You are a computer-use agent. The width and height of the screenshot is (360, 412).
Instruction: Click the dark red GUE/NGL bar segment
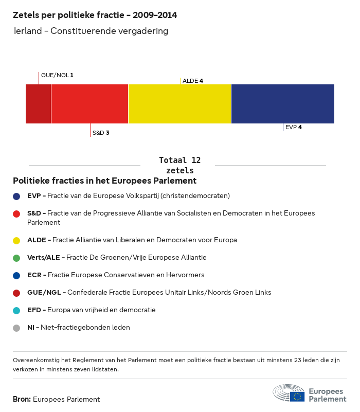(38, 104)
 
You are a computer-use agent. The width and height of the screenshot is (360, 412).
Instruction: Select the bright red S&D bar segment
(89, 104)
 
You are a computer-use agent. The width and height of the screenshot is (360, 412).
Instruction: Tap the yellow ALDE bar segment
(179, 104)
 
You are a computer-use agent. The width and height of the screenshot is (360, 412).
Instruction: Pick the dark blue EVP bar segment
(282, 104)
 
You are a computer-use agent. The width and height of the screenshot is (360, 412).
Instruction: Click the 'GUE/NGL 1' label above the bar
(57, 75)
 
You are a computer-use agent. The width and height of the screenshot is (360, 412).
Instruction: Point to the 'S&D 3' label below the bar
(101, 133)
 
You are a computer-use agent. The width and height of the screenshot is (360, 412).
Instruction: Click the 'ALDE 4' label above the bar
(193, 81)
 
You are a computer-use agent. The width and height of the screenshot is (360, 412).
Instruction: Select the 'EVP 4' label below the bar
(293, 127)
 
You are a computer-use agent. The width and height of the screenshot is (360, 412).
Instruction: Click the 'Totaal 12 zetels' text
(179, 165)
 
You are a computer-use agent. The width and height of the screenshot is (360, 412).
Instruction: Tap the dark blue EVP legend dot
(16, 196)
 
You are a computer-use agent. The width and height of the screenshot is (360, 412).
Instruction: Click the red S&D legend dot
(16, 213)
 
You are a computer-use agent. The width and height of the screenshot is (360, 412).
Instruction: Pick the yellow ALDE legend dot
(16, 240)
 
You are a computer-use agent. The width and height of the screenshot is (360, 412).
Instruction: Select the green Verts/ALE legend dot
(16, 258)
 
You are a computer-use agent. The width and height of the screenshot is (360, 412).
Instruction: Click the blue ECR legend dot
(16, 275)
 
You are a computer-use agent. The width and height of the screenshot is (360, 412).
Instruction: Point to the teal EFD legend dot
(16, 310)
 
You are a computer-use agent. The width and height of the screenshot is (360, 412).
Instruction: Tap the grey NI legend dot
(16, 328)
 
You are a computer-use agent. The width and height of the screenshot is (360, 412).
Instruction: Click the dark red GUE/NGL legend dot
(16, 293)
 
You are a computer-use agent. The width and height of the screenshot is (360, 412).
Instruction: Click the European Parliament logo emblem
(289, 393)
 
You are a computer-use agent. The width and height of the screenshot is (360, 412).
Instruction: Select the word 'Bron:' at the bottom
(22, 399)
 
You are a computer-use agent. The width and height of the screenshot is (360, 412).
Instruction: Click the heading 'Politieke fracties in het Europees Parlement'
(104, 181)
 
